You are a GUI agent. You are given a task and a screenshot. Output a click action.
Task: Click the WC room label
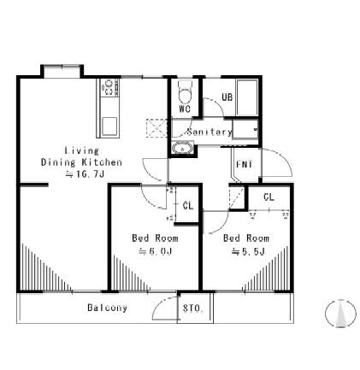click(x=185, y=109)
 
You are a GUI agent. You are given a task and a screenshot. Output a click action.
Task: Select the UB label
click(x=227, y=97)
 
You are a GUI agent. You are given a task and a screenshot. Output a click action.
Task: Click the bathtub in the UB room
click(x=247, y=97)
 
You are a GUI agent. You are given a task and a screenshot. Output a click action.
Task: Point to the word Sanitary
click(x=210, y=132)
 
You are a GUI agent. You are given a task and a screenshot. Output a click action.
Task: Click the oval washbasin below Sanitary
click(x=182, y=149)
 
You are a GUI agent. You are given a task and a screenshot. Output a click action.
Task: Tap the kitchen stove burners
click(x=109, y=87)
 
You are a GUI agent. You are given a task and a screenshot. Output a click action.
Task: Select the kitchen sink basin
click(x=109, y=126)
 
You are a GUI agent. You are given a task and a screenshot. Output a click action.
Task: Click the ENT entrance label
click(x=245, y=165)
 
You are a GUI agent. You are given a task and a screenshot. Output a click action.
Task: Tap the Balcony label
click(x=107, y=308)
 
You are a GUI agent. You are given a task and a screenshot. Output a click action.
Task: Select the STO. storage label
click(x=193, y=308)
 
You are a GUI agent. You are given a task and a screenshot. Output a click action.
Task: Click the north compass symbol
click(x=340, y=314)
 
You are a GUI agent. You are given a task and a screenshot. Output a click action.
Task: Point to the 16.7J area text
click(x=85, y=174)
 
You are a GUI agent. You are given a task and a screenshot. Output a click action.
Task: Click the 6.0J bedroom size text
click(x=155, y=251)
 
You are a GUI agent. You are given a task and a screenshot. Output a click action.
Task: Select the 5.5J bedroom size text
click(x=248, y=251)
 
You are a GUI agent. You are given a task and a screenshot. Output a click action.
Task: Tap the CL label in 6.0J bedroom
click(x=188, y=206)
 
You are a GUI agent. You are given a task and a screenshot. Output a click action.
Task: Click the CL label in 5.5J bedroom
click(x=269, y=197)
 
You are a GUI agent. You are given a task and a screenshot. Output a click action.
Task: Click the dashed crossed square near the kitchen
click(x=156, y=128)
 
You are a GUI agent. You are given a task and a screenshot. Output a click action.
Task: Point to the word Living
click(x=82, y=150)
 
